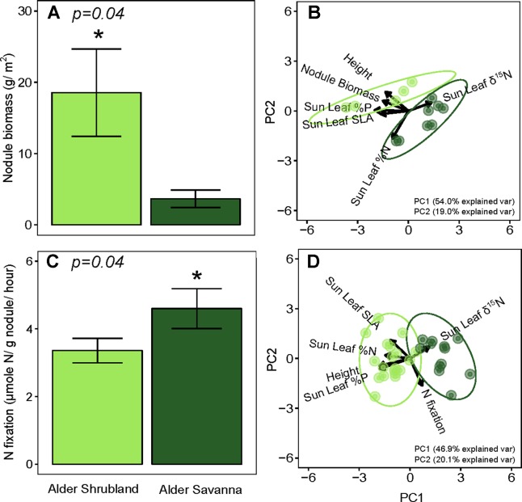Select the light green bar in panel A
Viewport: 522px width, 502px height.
pos(96,158)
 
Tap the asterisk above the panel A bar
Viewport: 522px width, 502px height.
pos(96,37)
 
